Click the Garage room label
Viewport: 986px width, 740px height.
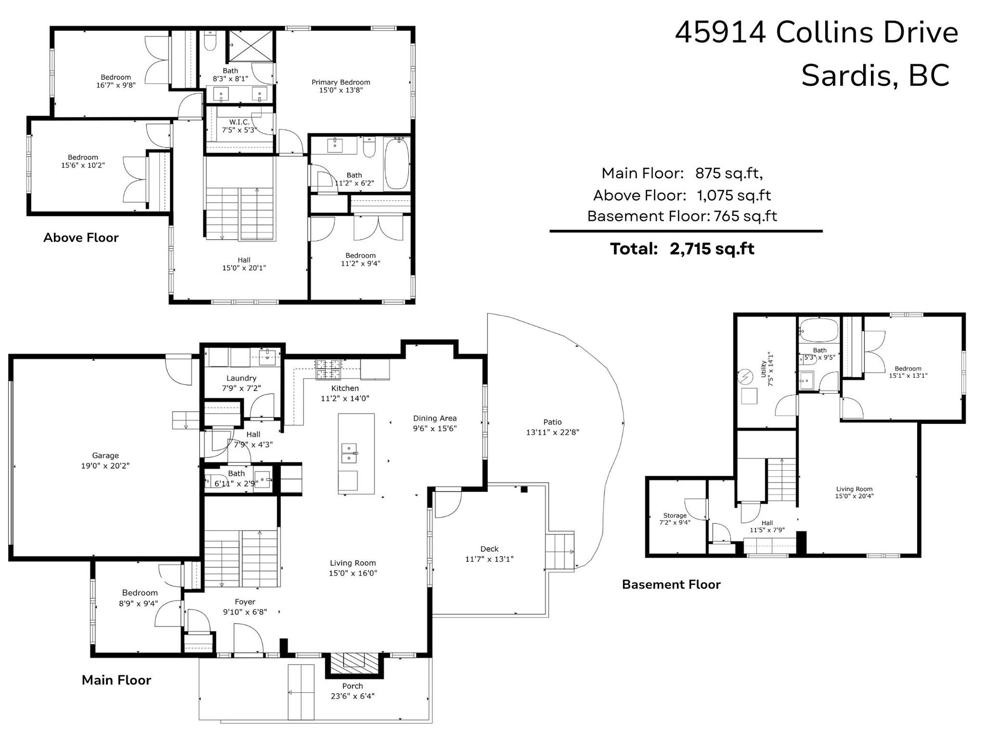click(105, 455)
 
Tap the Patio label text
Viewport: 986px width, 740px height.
click(553, 422)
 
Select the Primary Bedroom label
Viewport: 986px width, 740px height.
click(341, 82)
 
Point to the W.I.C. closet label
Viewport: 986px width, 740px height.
click(239, 122)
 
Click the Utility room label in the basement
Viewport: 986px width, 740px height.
click(764, 368)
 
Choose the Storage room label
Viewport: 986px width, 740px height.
click(675, 515)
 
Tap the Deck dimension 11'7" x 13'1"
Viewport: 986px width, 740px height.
click(489, 559)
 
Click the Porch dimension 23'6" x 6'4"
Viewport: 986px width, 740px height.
click(352, 696)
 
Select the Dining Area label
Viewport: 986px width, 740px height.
click(435, 418)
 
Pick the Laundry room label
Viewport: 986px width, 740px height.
click(241, 378)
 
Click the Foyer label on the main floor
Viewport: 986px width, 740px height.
click(245, 602)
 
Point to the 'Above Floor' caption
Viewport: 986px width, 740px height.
click(81, 237)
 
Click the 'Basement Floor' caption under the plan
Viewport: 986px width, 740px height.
click(671, 584)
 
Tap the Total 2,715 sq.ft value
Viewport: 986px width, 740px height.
click(712, 249)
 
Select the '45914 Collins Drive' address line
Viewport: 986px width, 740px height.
click(817, 32)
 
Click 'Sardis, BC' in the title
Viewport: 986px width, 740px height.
click(875, 76)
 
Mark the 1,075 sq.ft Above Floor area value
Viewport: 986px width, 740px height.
click(734, 195)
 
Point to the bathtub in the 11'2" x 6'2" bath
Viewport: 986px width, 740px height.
click(397, 163)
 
